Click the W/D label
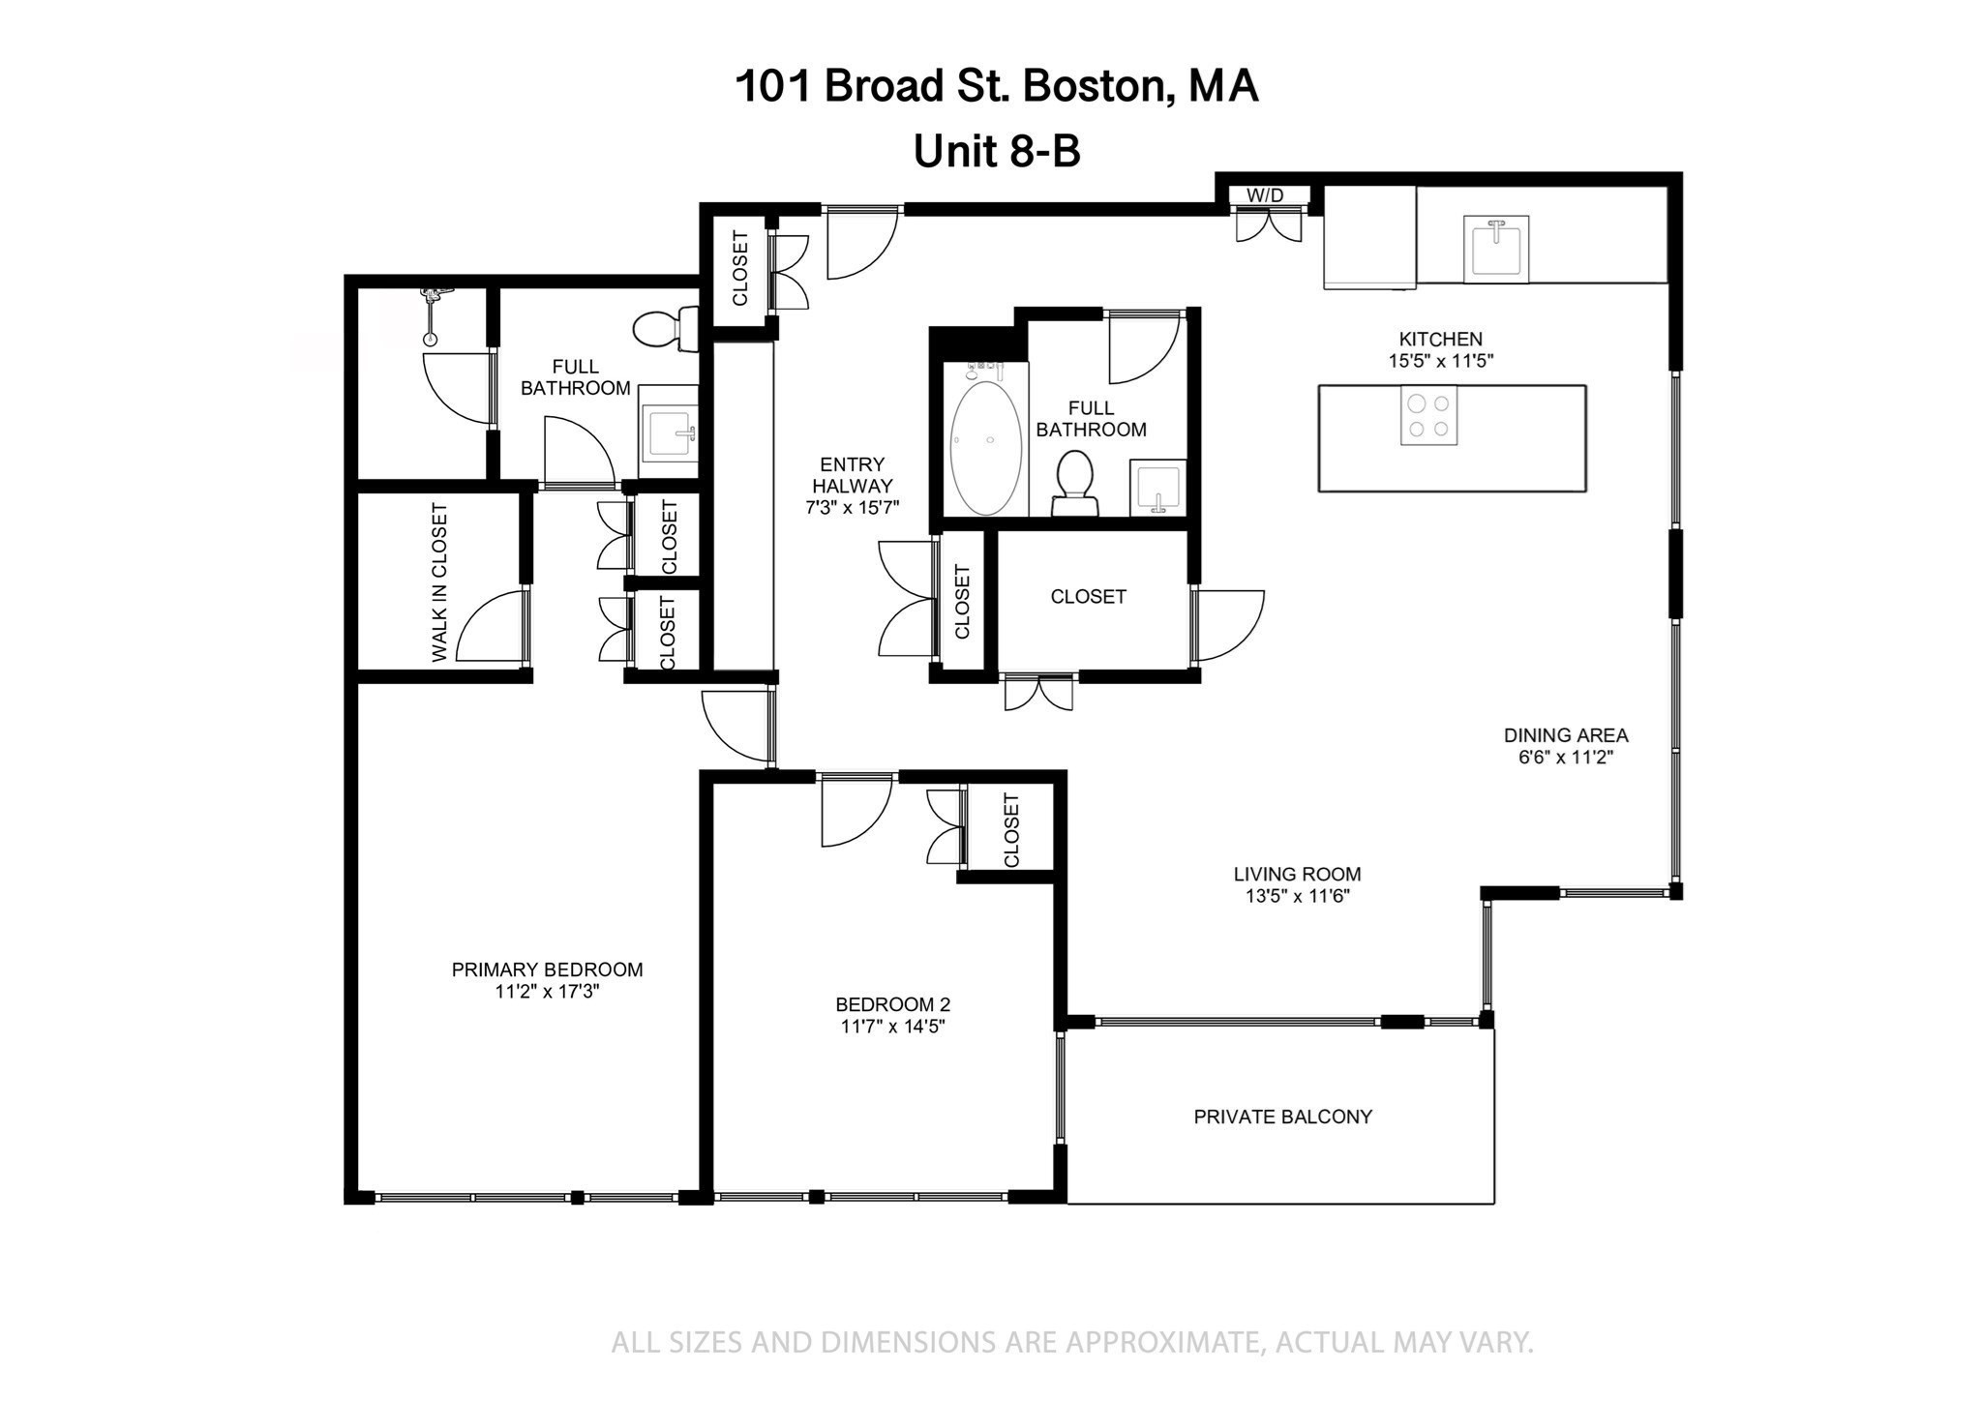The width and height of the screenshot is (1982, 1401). pos(1264,195)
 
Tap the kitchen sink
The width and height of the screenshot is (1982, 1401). pos(1495,248)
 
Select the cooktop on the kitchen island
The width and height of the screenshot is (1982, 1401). pos(1428,416)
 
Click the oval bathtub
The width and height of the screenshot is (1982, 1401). pos(985,448)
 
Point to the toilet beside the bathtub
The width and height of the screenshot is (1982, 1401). pos(1074,483)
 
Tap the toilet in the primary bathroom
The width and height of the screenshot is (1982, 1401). pos(666,329)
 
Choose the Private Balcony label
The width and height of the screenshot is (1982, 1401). pos(1282,1117)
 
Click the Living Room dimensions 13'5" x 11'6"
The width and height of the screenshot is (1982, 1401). pos(1297,897)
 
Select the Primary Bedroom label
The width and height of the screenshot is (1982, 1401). pos(547,969)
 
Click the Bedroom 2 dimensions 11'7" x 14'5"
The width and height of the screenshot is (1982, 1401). pos(892,1027)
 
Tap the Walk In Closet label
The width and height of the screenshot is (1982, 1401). pos(439,582)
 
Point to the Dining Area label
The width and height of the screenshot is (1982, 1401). pos(1565,735)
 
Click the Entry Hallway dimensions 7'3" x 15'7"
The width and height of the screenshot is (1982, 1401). pos(852,507)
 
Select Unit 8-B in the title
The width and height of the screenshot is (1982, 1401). pos(997,151)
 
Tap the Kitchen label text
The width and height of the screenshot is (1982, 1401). pos(1440,339)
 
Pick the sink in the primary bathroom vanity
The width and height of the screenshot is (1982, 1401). pos(668,432)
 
